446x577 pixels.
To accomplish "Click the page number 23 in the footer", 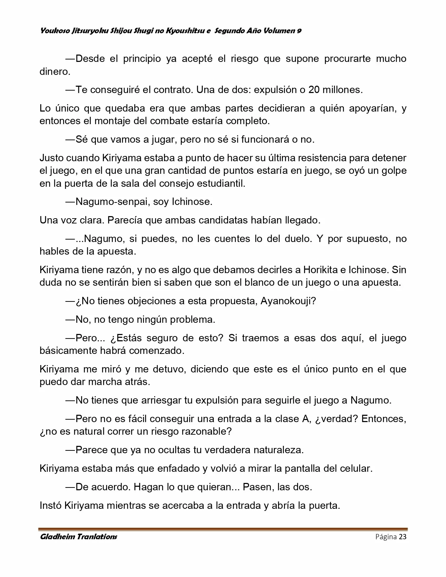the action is coord(402,537).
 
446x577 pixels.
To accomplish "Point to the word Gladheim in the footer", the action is coord(57,537).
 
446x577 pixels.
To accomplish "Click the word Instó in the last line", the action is coord(50,505).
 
